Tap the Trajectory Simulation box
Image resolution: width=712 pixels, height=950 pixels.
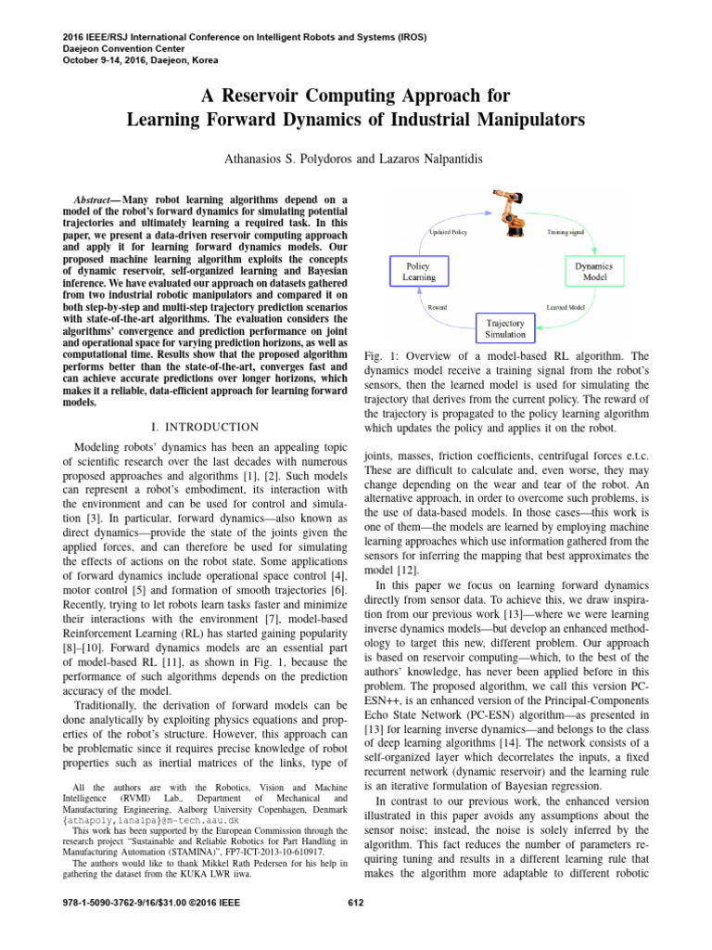pos(505,327)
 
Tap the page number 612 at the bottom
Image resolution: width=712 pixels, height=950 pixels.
pos(356,903)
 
